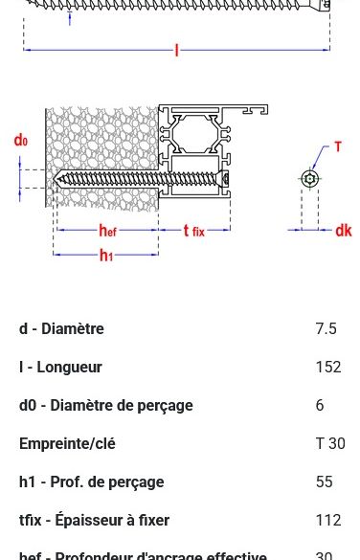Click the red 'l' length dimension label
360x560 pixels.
pos(176,51)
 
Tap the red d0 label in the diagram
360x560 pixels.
pos(20,141)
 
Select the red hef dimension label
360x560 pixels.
pos(108,231)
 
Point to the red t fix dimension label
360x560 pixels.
pos(193,231)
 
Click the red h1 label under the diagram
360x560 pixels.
pos(106,256)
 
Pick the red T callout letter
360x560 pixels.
pos(337,147)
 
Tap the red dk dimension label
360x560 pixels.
pos(343,231)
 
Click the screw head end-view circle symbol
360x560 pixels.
pos(309,179)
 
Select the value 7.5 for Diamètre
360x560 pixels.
pos(326,329)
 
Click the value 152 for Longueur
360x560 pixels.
pos(327,368)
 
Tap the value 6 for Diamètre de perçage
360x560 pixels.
pos(320,406)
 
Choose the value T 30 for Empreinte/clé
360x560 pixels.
pos(329,444)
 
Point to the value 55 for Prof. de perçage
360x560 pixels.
pos(324,482)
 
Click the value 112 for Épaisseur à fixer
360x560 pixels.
pos(327,521)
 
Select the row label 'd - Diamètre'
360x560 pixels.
pos(61,329)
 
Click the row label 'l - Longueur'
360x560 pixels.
pos(60,368)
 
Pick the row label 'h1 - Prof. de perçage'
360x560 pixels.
pos(91,482)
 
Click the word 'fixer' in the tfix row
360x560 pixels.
pos(151,521)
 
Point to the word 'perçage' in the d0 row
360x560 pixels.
pos(166,406)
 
